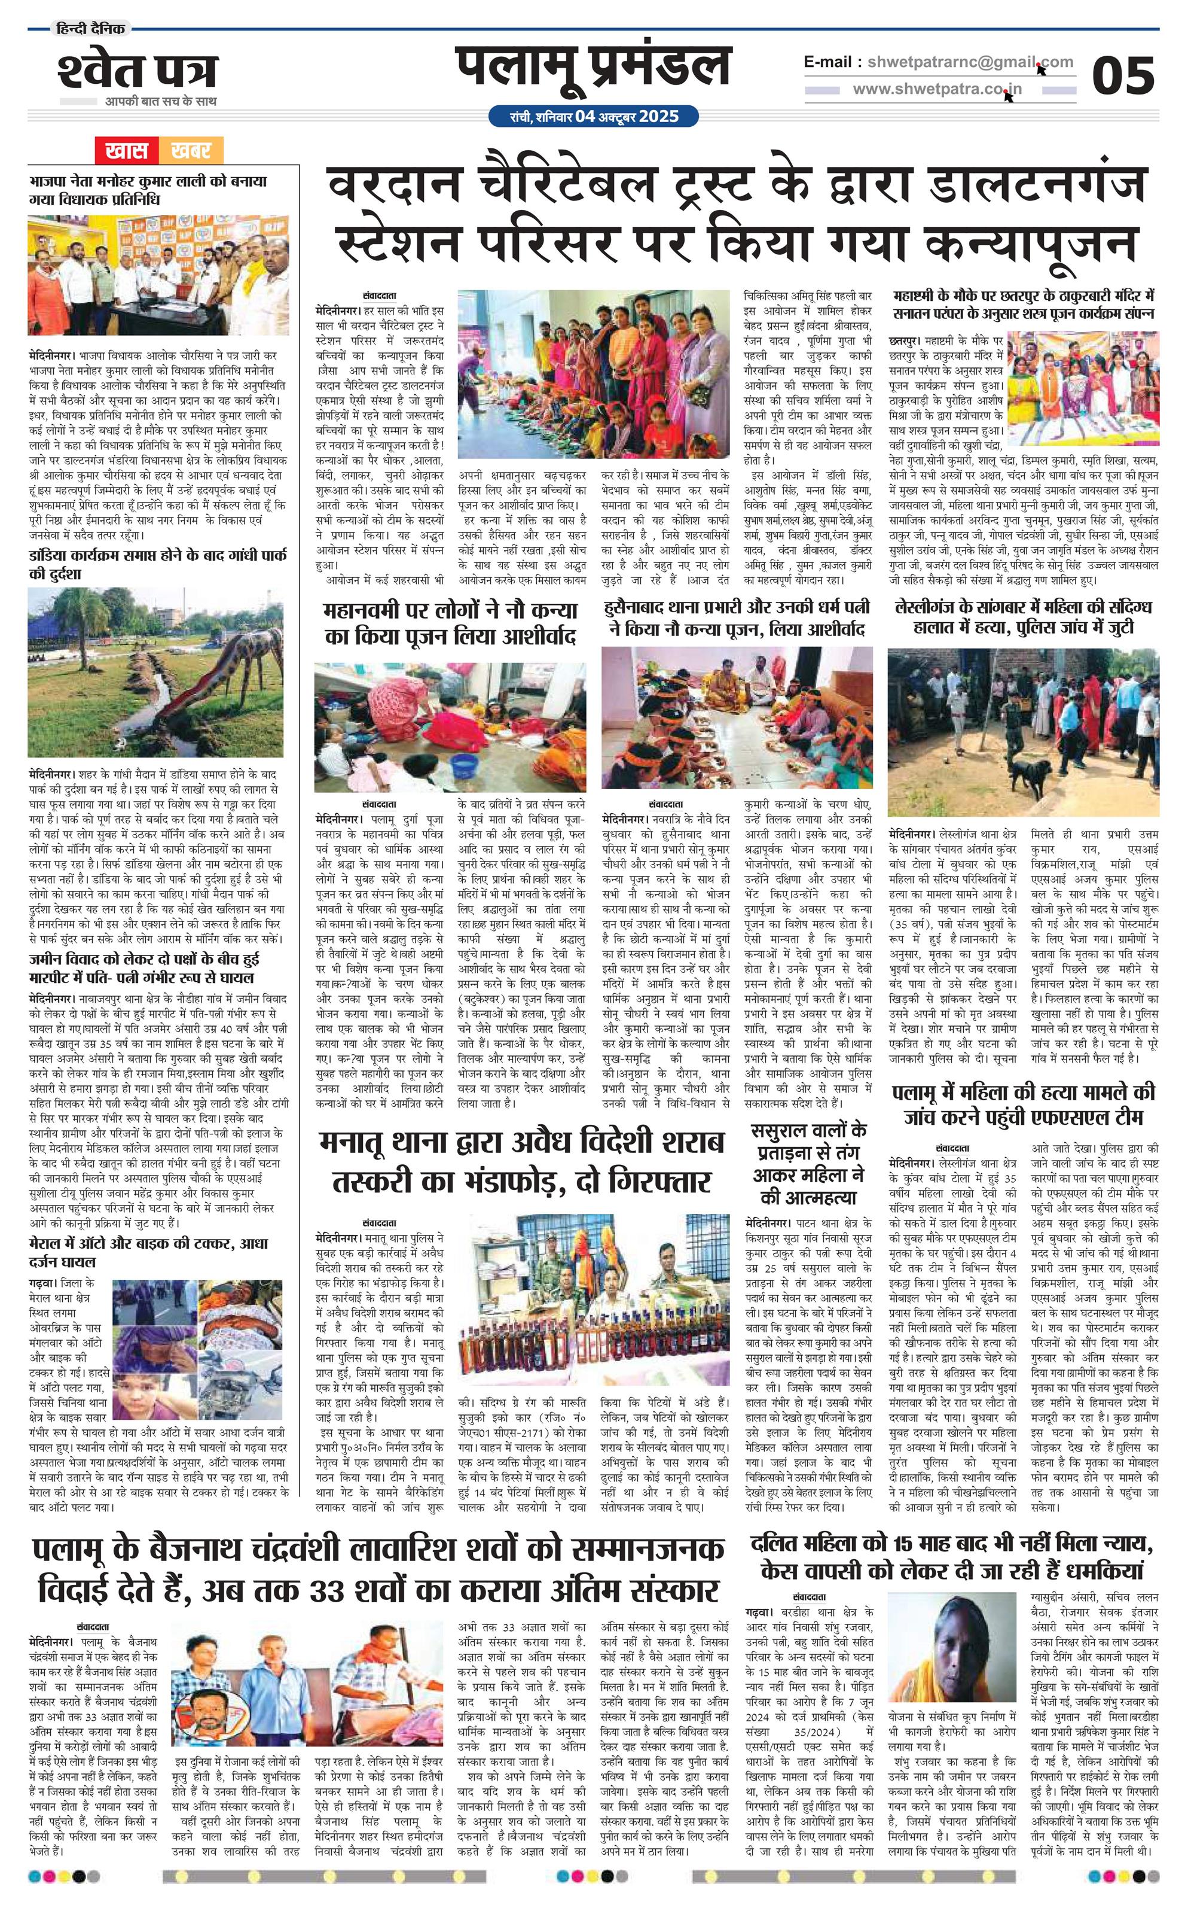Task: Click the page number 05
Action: [1123, 76]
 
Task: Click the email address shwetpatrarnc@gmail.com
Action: [966, 62]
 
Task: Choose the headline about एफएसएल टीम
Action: [1023, 1104]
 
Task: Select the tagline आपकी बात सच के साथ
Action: [161, 102]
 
